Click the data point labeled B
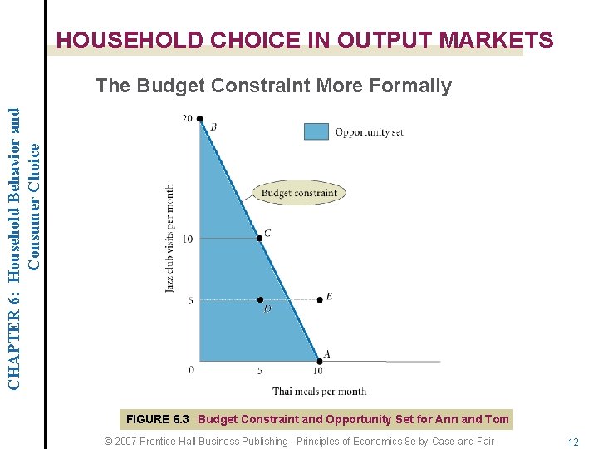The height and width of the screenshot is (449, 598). pyautogui.click(x=200, y=119)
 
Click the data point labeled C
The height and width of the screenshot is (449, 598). pyautogui.click(x=260, y=239)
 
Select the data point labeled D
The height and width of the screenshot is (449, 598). pyautogui.click(x=260, y=299)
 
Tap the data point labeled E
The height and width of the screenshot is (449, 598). pyautogui.click(x=320, y=299)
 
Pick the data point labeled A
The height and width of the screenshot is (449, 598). pyautogui.click(x=319, y=360)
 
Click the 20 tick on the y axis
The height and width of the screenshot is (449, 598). pyautogui.click(x=187, y=119)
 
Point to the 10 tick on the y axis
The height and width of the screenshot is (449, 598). pyautogui.click(x=187, y=239)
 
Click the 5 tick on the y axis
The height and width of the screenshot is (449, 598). pyautogui.click(x=189, y=300)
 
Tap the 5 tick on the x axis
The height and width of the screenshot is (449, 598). pyautogui.click(x=260, y=371)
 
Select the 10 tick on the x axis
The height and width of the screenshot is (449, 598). pyautogui.click(x=319, y=371)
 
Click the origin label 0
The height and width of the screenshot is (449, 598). pyautogui.click(x=190, y=369)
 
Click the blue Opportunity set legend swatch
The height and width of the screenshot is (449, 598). pyautogui.click(x=316, y=131)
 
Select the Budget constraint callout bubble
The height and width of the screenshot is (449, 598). pyautogui.click(x=299, y=193)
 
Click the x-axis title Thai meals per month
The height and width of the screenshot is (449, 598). pyautogui.click(x=319, y=391)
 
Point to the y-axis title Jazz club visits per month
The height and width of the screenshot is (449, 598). pyautogui.click(x=169, y=239)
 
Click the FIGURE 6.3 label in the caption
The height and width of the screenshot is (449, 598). pyautogui.click(x=158, y=419)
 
